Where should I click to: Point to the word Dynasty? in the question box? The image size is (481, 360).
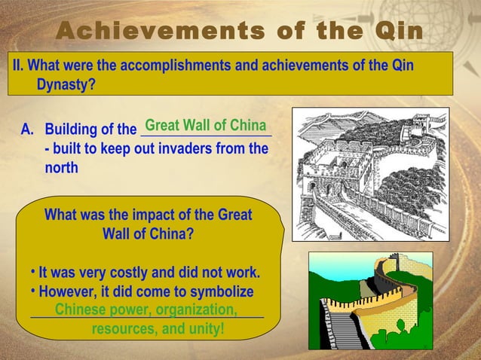pos(66,84)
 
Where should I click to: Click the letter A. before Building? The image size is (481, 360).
pos(28,130)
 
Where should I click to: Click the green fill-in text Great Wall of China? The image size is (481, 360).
pos(205,125)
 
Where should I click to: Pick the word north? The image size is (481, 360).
pos(61,168)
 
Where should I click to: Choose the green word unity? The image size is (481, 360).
pos(204,329)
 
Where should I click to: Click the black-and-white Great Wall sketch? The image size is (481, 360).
pos(370,174)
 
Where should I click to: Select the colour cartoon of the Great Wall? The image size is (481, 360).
pos(370,301)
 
